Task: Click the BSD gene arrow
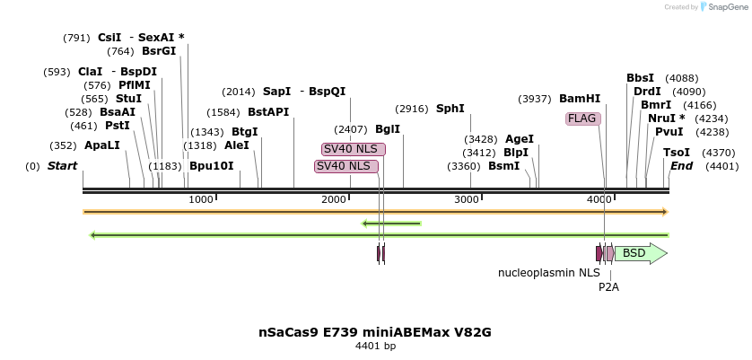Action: [x=640, y=253]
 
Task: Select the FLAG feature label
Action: [x=581, y=119]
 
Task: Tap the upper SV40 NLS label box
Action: [x=353, y=149]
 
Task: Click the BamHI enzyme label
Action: [x=580, y=99]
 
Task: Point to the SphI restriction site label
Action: [x=450, y=109]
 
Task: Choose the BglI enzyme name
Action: [x=388, y=129]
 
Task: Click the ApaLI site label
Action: [x=101, y=145]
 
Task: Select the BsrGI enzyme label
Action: [x=159, y=51]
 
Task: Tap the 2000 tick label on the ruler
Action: [x=334, y=199]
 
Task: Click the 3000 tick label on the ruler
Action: [x=467, y=199]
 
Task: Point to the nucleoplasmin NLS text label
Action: [x=549, y=272]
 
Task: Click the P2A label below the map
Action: [x=608, y=287]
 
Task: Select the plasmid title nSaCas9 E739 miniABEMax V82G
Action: [x=375, y=332]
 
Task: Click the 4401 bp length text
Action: [x=375, y=347]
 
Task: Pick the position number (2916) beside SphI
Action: [x=413, y=109]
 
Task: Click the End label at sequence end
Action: [x=681, y=166]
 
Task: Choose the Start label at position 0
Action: [x=62, y=166]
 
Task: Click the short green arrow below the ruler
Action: [x=391, y=224]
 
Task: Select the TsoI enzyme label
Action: [x=677, y=153]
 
